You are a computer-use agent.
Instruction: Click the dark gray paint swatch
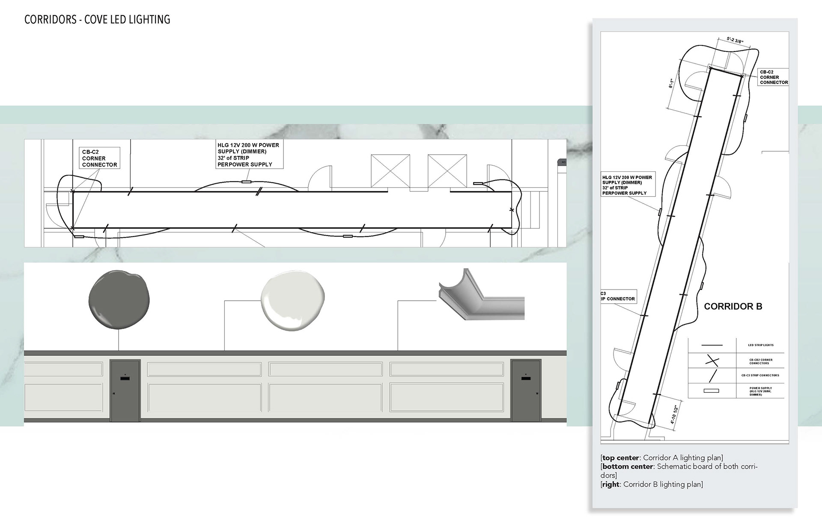tap(119, 300)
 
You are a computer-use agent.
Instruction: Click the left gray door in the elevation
tap(125, 390)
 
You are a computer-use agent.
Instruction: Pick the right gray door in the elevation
tap(526, 390)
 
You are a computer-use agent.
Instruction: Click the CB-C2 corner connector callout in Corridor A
tap(99, 158)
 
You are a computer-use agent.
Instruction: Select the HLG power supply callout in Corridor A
tap(249, 155)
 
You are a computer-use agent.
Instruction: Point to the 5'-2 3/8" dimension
tap(735, 40)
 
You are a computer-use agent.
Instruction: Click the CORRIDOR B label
tap(733, 307)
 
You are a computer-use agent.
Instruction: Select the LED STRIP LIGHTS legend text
tap(761, 345)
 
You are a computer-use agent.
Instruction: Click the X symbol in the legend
tap(712, 361)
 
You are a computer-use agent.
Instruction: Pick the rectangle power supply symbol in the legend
tap(712, 391)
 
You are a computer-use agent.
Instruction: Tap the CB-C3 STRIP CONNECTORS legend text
tap(760, 375)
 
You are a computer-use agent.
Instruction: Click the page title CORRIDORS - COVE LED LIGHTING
tap(97, 20)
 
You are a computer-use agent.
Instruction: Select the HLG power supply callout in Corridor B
tap(627, 185)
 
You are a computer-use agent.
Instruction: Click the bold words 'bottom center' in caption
tap(628, 466)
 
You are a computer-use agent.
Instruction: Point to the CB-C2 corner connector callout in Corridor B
tap(774, 77)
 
